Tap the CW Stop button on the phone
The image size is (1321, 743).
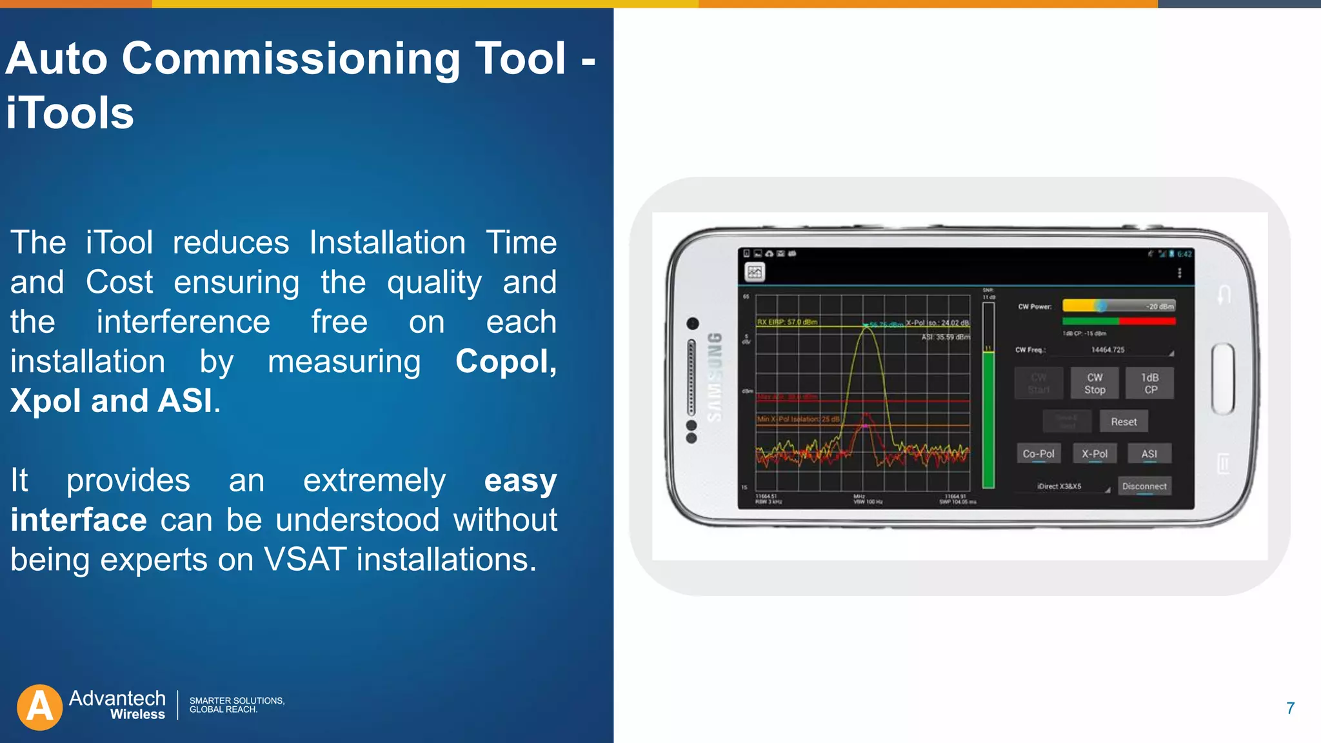point(1094,384)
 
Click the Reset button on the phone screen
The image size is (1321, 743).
point(1123,422)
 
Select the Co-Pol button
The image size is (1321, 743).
point(1038,453)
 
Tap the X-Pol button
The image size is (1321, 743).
point(1094,453)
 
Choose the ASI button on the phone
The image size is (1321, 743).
point(1149,453)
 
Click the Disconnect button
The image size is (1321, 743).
point(1144,486)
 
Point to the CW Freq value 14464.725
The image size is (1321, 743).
point(1107,350)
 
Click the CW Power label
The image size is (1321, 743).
point(1035,306)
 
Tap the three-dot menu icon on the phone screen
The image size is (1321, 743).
point(1179,273)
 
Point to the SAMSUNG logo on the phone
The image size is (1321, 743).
point(715,377)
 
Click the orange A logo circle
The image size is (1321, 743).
point(40,707)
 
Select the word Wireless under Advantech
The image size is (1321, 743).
point(137,715)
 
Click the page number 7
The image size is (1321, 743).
point(1290,708)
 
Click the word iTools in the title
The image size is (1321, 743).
point(70,113)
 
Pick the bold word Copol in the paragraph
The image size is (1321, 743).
point(505,361)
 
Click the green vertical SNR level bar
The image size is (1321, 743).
point(988,419)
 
